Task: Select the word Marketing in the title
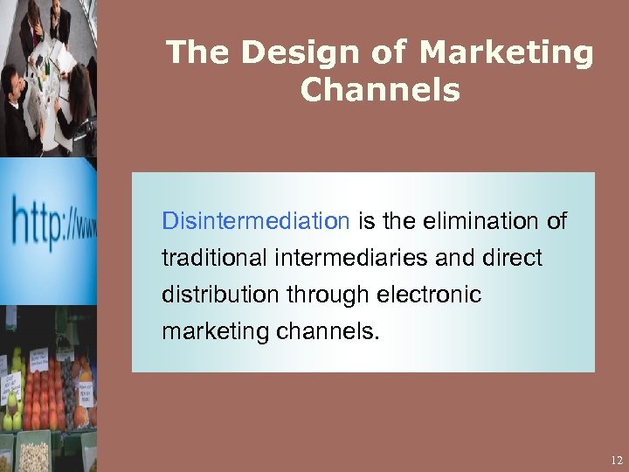[506, 53]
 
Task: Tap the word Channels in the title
[380, 89]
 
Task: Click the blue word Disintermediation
[255, 221]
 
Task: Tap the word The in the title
[198, 53]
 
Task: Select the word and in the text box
[460, 259]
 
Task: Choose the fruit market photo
[48, 389]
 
